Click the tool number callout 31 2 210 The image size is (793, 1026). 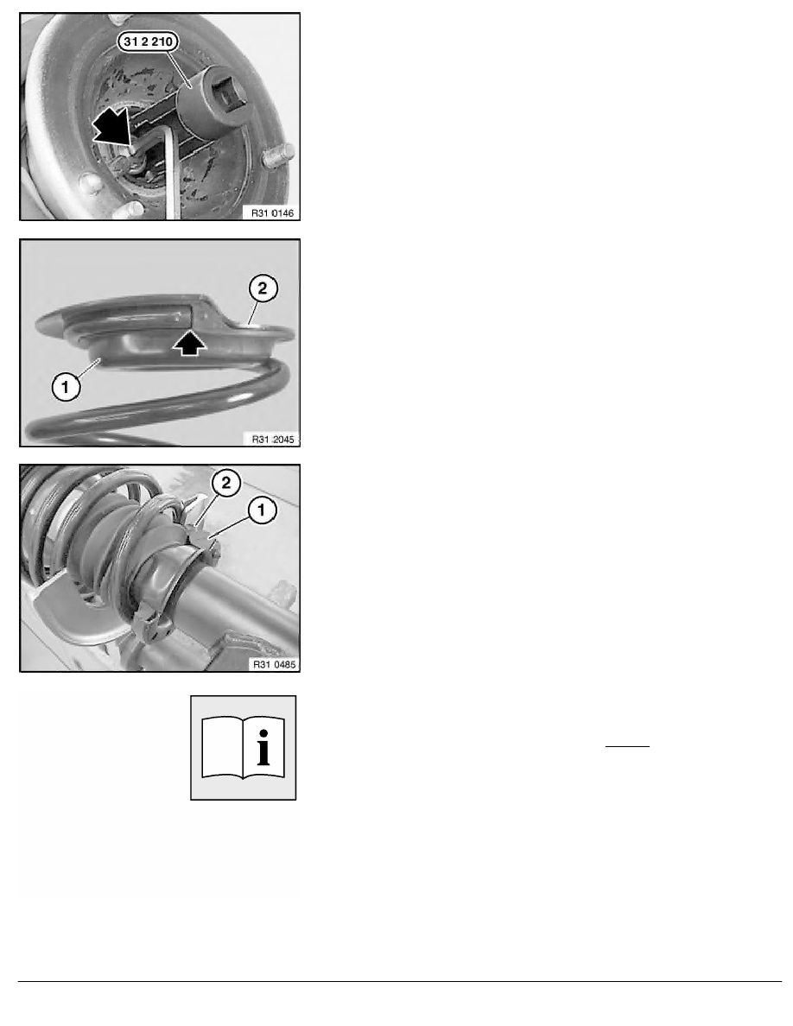(x=148, y=41)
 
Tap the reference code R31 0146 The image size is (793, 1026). (x=272, y=212)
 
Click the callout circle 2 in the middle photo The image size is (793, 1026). (x=263, y=288)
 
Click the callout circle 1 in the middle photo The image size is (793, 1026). (x=65, y=387)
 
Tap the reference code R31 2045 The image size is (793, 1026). (x=273, y=439)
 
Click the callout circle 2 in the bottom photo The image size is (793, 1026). (x=225, y=484)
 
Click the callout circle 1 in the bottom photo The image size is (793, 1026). (x=262, y=510)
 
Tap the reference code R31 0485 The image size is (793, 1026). (x=274, y=664)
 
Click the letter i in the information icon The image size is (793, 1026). (x=263, y=747)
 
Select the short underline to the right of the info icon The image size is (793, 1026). (x=627, y=746)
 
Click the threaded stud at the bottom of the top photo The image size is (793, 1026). (x=128, y=211)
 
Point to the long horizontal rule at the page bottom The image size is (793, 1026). (x=400, y=981)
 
